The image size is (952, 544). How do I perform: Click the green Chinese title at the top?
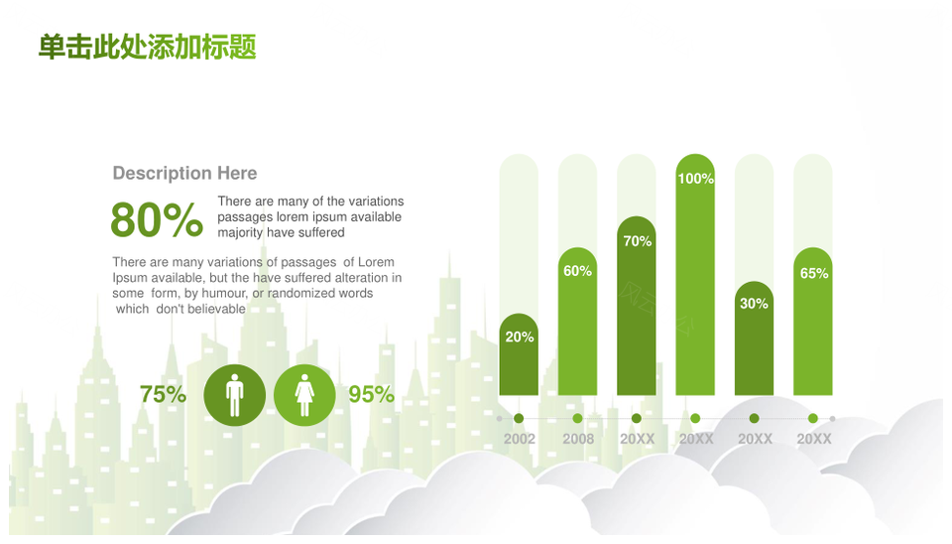(x=148, y=47)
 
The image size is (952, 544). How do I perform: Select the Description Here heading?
(x=184, y=174)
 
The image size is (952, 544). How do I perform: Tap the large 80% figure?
(x=157, y=219)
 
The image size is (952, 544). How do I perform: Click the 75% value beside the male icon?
(x=163, y=394)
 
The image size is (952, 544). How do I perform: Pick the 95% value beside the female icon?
(x=371, y=394)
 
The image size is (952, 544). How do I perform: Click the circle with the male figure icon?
(x=234, y=395)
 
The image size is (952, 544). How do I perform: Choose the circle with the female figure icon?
(x=304, y=395)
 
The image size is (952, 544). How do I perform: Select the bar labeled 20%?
(x=519, y=354)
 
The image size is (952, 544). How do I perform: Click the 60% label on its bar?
(x=577, y=271)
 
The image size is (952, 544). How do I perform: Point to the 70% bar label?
(x=637, y=241)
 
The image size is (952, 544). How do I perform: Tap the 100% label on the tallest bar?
(x=695, y=179)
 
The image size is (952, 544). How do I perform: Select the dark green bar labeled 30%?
(x=754, y=338)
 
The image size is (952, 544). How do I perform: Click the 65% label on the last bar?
(x=813, y=274)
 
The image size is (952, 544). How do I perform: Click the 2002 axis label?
(x=519, y=439)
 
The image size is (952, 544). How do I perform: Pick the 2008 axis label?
(x=578, y=439)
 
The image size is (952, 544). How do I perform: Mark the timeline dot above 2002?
(x=519, y=418)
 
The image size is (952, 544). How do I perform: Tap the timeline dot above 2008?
(x=577, y=418)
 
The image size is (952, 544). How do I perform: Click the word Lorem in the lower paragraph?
(x=376, y=262)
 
